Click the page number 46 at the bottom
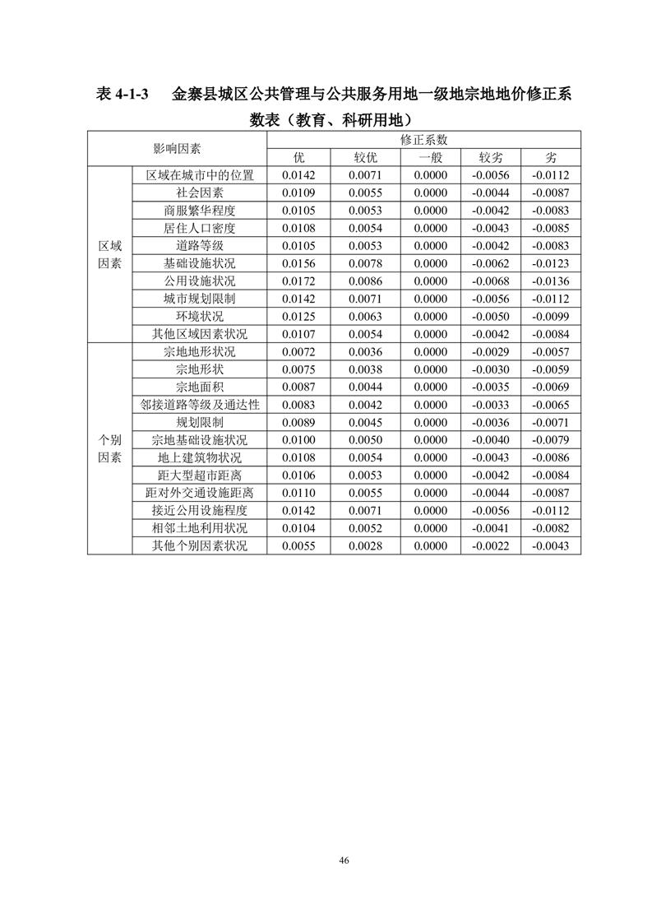point(344,860)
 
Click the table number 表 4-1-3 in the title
point(121,95)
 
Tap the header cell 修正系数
point(423,140)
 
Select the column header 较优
point(363,157)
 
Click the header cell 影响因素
point(177,149)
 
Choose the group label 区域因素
point(109,254)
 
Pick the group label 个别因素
point(109,448)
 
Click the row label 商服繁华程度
point(199,211)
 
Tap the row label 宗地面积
point(199,387)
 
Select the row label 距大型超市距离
point(199,475)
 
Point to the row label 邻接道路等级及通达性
point(199,405)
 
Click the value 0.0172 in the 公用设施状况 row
point(298,281)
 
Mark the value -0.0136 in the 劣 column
point(550,281)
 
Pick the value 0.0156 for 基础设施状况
point(298,263)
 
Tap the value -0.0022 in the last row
point(491,545)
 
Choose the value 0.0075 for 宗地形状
point(298,369)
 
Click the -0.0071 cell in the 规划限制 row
point(550,422)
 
